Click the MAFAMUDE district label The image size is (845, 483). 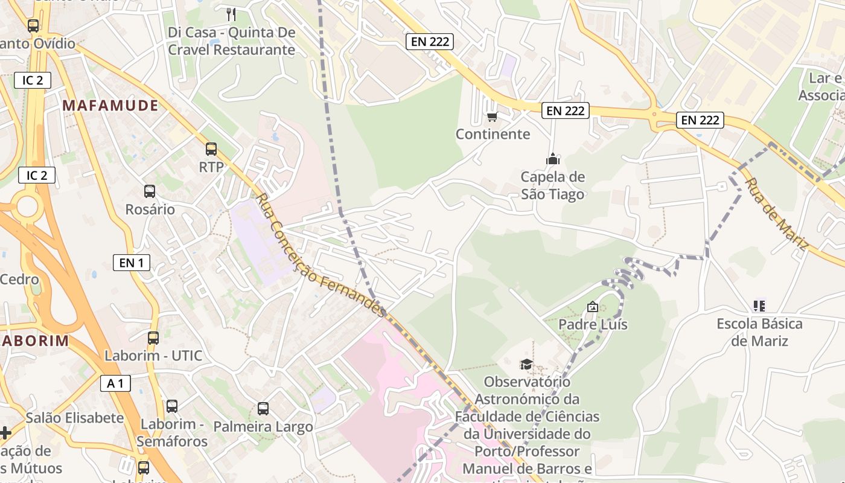click(110, 106)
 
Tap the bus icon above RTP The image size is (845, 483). click(211, 149)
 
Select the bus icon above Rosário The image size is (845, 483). click(149, 191)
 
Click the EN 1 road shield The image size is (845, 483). click(132, 263)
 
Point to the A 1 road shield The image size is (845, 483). click(115, 383)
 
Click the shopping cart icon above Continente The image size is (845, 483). click(492, 117)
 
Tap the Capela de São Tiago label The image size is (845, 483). click(552, 185)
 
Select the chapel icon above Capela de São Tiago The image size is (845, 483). click(552, 159)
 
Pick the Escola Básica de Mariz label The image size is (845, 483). click(759, 332)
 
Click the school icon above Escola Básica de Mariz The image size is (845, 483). click(759, 306)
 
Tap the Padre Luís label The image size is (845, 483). click(593, 325)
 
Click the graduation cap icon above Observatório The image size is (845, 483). click(526, 364)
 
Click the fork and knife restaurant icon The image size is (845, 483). click(231, 14)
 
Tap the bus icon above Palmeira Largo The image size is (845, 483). click(263, 408)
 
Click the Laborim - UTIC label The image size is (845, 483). click(153, 356)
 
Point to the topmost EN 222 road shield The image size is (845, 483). click(429, 41)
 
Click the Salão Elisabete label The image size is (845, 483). click(74, 418)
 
